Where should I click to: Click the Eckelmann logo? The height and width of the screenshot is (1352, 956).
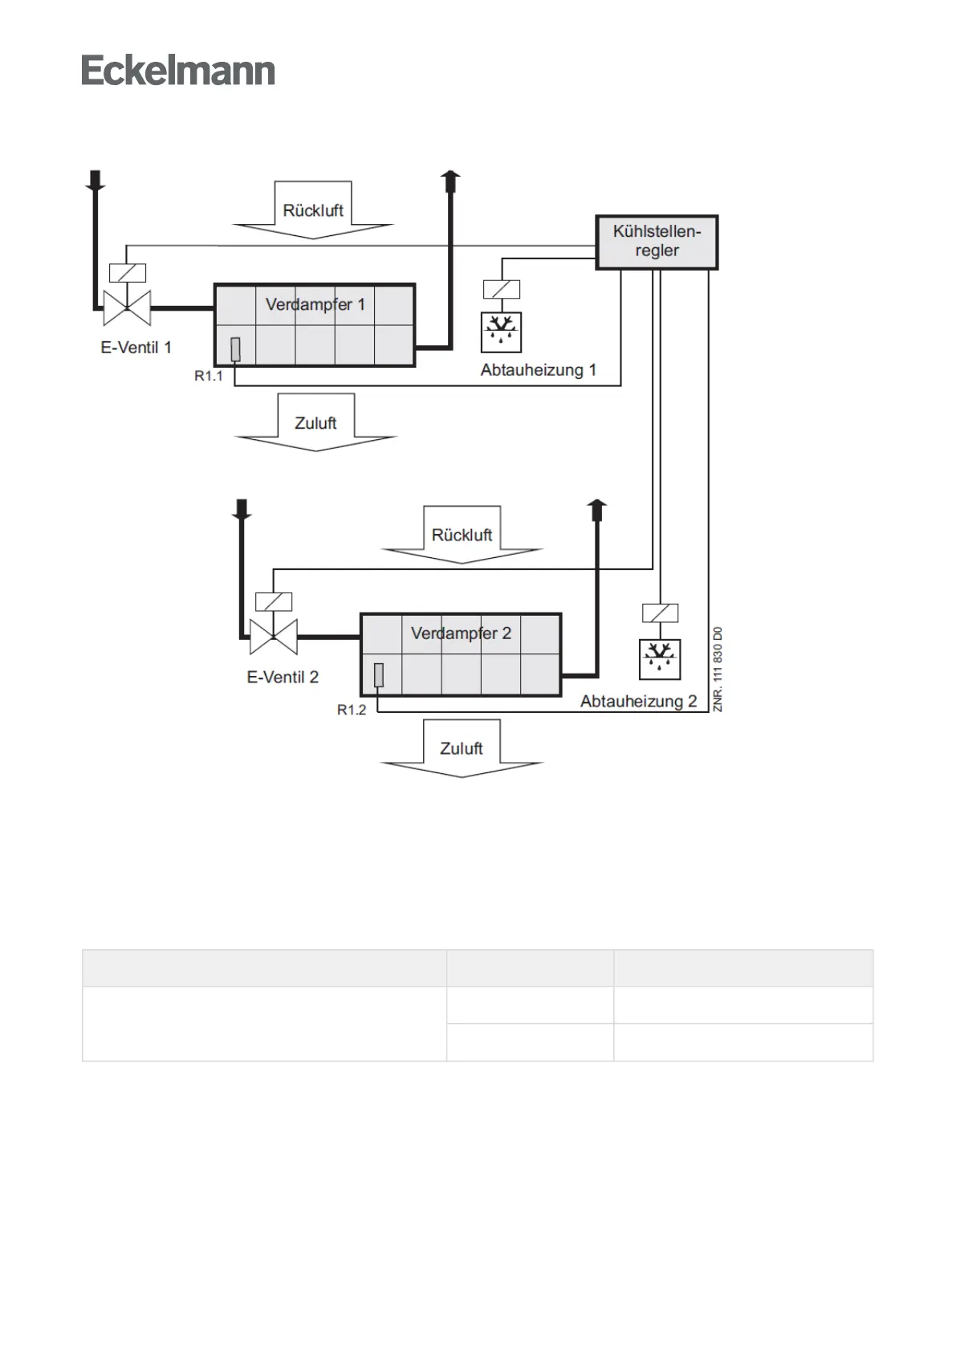(177, 71)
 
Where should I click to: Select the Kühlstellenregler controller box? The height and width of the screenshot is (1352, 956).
(657, 242)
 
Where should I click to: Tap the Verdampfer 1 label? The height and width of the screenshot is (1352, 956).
(315, 304)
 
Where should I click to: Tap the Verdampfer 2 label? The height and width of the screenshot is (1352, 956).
(461, 633)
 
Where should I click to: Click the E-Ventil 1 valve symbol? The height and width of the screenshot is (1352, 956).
(127, 307)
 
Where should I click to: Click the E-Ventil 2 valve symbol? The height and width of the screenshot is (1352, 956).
(274, 637)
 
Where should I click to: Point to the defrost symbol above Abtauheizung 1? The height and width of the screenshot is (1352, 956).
(501, 332)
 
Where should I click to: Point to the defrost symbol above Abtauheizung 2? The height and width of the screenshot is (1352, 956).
(660, 658)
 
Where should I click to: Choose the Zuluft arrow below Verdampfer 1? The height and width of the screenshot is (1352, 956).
(315, 424)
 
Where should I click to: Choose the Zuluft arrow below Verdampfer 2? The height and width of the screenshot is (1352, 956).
(462, 749)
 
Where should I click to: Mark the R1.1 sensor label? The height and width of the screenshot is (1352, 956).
(209, 376)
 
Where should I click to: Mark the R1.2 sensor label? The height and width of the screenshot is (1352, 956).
(352, 710)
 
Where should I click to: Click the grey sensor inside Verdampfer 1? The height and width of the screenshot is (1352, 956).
(235, 349)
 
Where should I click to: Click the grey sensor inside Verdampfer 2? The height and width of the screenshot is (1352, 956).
(379, 675)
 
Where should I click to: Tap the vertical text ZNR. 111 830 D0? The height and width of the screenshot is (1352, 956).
(718, 669)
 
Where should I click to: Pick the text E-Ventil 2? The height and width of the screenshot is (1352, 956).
(283, 678)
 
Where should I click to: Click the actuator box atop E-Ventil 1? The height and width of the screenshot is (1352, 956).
(128, 273)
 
